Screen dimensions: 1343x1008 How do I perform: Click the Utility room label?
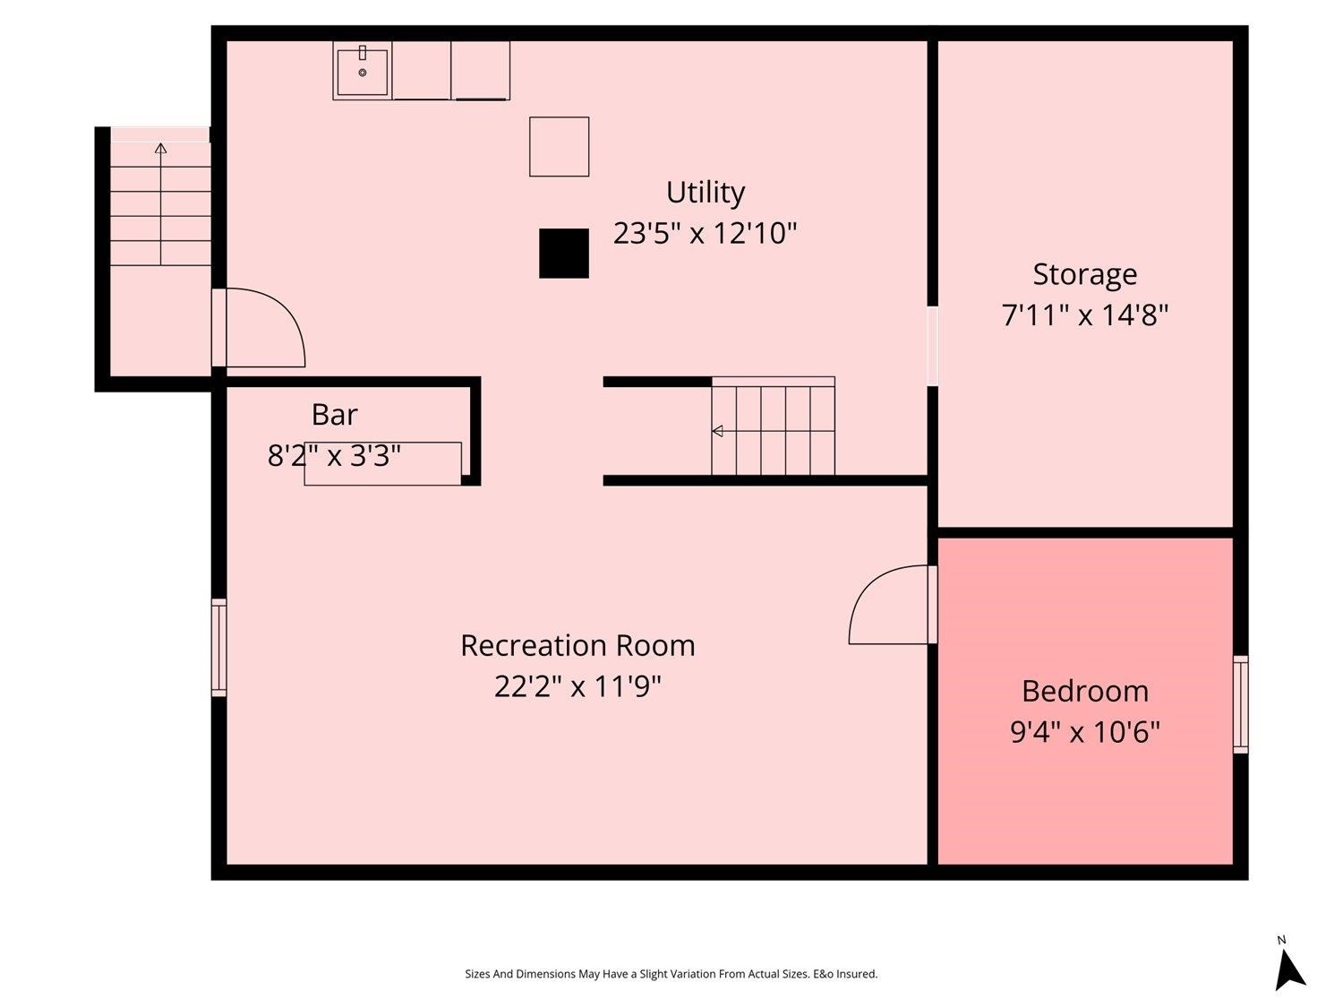(x=705, y=193)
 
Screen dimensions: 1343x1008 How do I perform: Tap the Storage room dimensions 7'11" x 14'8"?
(x=1085, y=315)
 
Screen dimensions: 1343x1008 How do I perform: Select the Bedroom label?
(x=1085, y=692)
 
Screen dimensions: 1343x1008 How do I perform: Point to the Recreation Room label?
(x=577, y=646)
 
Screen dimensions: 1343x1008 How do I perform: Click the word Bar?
(x=334, y=415)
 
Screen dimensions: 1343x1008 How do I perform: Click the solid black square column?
(x=563, y=254)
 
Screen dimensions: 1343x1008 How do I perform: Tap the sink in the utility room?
(x=363, y=71)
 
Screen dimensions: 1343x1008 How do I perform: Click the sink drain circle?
(x=363, y=73)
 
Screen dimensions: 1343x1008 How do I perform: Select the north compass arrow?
(x=1289, y=969)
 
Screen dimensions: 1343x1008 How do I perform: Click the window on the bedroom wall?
(x=1240, y=704)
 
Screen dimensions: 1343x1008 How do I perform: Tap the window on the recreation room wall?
(x=219, y=648)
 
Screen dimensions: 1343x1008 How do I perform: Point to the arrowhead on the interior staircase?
(x=717, y=432)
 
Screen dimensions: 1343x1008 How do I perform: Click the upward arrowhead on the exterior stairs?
(x=161, y=148)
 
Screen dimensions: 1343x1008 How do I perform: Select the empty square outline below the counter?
(x=560, y=147)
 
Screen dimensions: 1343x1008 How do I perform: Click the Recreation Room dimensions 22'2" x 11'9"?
(x=577, y=686)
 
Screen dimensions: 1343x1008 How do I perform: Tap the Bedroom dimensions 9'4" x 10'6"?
(x=1085, y=732)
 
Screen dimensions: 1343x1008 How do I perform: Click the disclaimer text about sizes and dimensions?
(x=671, y=974)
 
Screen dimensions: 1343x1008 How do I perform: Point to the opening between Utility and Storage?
(x=932, y=346)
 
